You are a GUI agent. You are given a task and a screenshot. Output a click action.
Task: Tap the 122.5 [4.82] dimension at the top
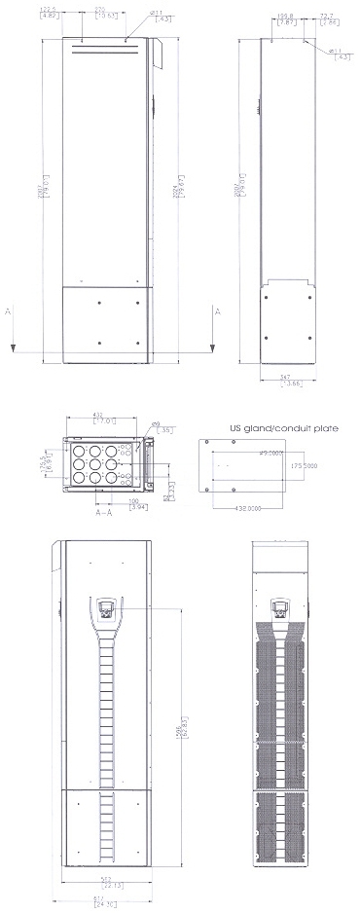pos(48,13)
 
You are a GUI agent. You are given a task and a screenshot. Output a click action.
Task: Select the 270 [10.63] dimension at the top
pos(101,13)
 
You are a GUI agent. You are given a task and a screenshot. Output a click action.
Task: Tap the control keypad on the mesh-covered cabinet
pos(281,609)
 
